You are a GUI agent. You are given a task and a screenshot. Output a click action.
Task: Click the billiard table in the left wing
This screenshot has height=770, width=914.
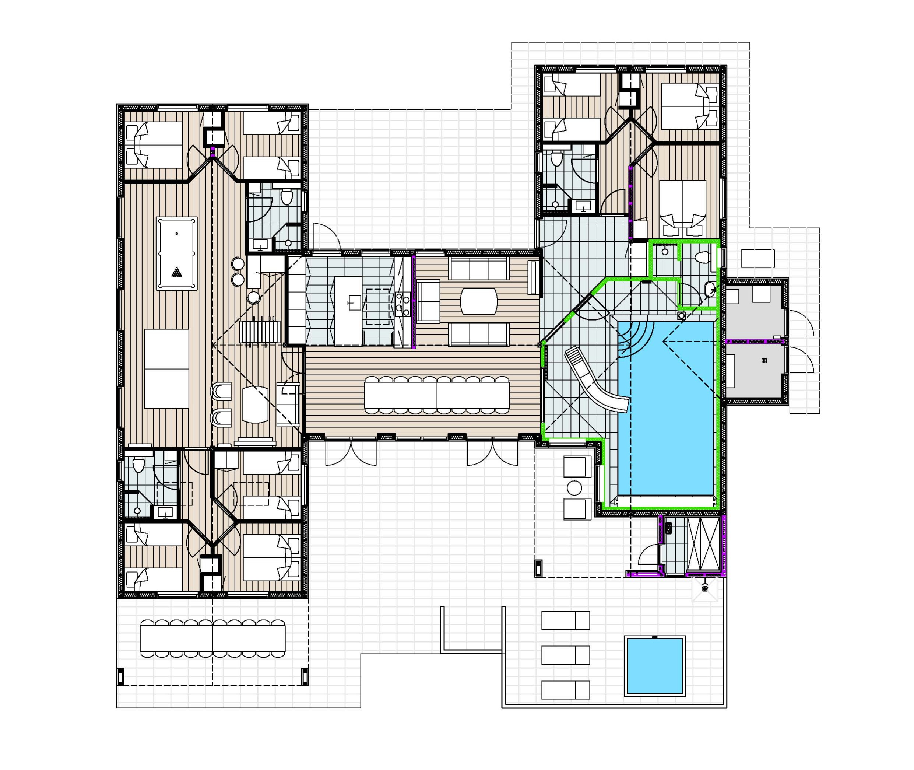(176, 253)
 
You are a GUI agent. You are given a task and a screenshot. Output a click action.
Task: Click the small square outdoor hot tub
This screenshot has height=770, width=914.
(654, 666)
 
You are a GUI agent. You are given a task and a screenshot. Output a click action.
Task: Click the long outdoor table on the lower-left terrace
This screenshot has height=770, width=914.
(212, 638)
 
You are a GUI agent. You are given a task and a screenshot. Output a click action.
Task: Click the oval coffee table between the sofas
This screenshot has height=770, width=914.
(479, 301)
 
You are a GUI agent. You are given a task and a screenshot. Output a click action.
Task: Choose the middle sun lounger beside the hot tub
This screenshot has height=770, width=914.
(565, 655)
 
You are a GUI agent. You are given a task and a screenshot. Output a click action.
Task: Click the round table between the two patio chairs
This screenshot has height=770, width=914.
(574, 487)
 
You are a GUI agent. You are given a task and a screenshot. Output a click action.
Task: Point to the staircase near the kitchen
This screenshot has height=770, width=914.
(259, 332)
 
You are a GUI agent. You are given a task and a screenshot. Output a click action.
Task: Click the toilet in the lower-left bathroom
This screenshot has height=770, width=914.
(138, 465)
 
